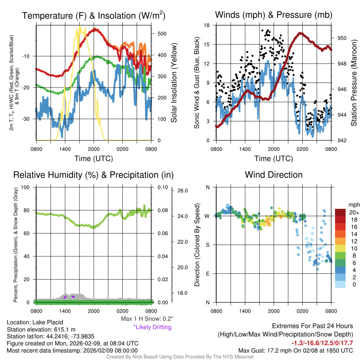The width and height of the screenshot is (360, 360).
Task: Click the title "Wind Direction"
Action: [x=274, y=175]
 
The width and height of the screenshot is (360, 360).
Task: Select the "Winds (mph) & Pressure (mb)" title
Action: [x=274, y=15]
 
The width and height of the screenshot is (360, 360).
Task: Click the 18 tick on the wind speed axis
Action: [x=207, y=25]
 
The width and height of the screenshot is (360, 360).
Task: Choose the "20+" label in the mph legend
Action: [x=354, y=212]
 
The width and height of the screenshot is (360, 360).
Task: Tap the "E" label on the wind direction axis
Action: [x=208, y=274]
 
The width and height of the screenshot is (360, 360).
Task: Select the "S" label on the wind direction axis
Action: [x=208, y=245]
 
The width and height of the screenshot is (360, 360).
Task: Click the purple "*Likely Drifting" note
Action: [x=152, y=327]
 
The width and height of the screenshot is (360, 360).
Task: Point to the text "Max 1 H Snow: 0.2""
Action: [x=147, y=319]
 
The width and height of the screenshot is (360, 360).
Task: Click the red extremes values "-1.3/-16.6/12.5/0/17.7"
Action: [x=322, y=343]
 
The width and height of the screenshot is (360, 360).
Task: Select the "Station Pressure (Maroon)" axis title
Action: [x=354, y=83]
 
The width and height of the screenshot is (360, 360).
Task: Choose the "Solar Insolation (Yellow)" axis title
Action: [x=174, y=83]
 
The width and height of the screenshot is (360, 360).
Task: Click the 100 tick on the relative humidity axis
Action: [x=26, y=187]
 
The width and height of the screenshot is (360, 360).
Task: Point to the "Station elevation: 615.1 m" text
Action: [x=41, y=329]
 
